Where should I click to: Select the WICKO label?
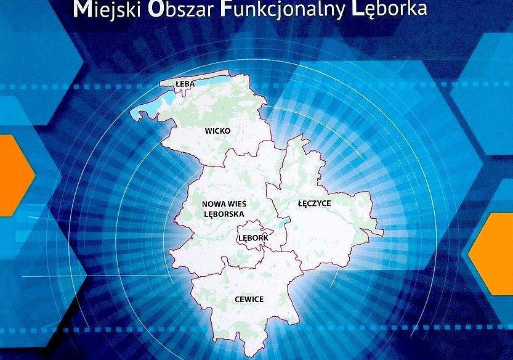click(x=217, y=131)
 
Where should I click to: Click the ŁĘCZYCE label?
click(x=313, y=202)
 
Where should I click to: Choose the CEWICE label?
click(x=249, y=299)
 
